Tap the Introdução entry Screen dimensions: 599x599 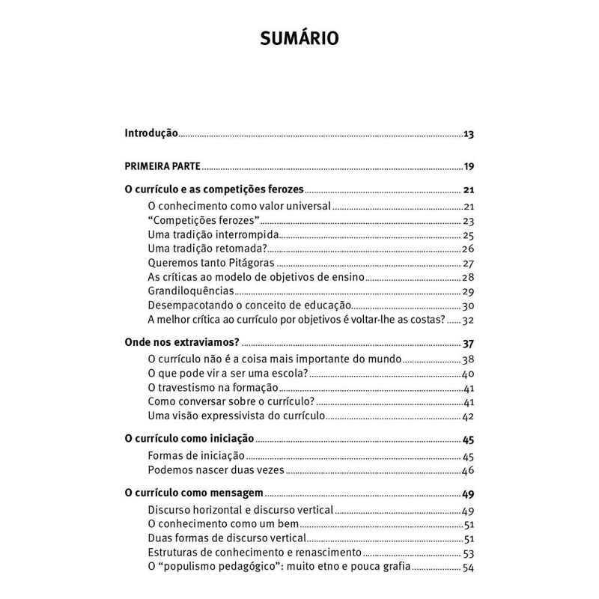click(150, 133)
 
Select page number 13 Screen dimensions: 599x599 click(469, 134)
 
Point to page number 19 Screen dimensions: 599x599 click(469, 166)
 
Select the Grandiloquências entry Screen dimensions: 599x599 click(191, 291)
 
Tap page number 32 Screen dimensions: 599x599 click(469, 320)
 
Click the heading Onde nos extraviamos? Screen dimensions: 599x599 click(181, 343)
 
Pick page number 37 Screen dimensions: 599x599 click(469, 344)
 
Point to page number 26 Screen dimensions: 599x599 click(469, 249)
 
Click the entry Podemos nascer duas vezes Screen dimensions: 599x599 click(217, 470)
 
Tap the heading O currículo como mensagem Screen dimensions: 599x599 click(193, 493)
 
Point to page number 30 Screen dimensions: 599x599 click(469, 305)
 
